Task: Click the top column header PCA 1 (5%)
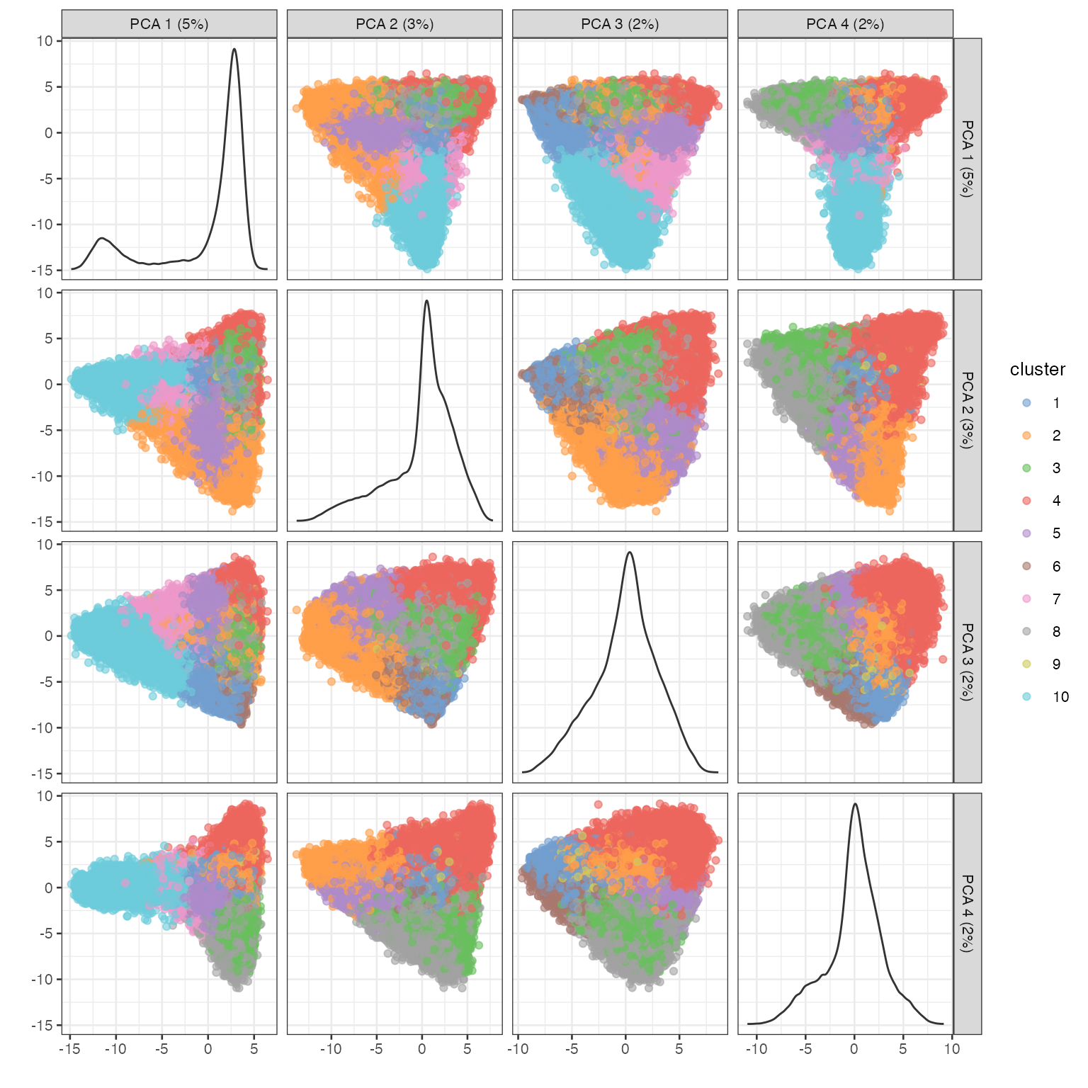click(169, 24)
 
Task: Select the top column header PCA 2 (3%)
click(395, 24)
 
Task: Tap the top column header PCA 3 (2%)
click(620, 24)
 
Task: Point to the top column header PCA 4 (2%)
click(845, 24)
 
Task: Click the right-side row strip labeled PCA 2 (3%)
click(968, 410)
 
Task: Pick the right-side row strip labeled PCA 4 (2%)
click(968, 914)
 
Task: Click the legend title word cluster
click(1037, 370)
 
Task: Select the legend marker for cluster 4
click(1026, 501)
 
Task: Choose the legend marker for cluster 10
click(1026, 697)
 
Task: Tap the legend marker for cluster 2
click(1026, 436)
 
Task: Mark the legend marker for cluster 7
click(1026, 599)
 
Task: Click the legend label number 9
click(1056, 664)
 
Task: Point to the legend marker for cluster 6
click(1026, 567)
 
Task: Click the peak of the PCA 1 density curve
click(234, 49)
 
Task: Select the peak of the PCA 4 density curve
click(856, 804)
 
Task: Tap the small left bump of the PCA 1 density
click(103, 238)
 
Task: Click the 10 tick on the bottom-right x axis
click(952, 1049)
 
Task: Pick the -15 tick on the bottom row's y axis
click(42, 1025)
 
